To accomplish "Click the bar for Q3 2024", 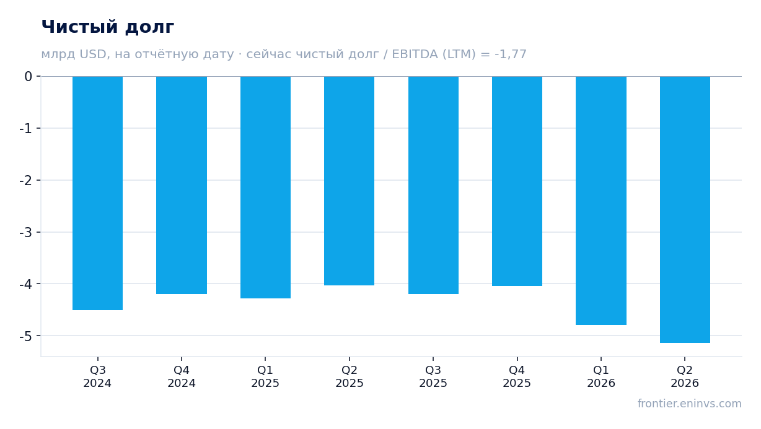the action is point(97,193).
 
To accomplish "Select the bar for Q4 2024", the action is point(182,185).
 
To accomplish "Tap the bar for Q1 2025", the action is point(265,188).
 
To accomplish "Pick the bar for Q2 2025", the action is point(350,181).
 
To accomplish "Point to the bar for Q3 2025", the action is point(433,185).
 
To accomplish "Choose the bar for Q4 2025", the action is point(517,181).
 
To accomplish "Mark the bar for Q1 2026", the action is point(601,201).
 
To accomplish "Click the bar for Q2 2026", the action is point(685,209).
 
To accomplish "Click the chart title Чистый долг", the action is point(108,27).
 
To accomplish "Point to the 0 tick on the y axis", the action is point(29,77).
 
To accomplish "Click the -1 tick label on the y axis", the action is point(26,129).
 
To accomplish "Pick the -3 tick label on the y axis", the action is point(26,233).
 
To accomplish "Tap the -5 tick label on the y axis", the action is point(26,336).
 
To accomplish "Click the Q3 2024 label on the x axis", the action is point(97,377).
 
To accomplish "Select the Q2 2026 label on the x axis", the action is point(685,377).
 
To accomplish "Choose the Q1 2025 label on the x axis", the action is point(265,377).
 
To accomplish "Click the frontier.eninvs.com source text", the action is point(689,404).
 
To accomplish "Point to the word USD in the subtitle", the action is point(93,54).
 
